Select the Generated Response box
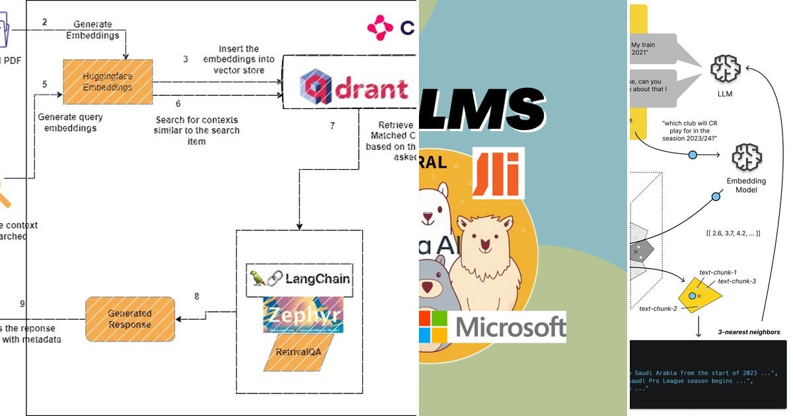(x=130, y=319)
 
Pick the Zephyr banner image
(x=303, y=314)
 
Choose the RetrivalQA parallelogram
(x=298, y=352)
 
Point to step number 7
(x=332, y=125)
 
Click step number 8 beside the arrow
(x=196, y=296)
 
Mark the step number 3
(x=186, y=59)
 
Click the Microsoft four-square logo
(x=433, y=326)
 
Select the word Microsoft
(x=511, y=327)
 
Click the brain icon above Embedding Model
(x=747, y=157)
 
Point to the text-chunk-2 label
(x=659, y=308)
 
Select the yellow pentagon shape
(x=698, y=295)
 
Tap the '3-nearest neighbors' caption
(x=749, y=332)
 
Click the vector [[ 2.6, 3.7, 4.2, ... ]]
(x=733, y=234)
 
